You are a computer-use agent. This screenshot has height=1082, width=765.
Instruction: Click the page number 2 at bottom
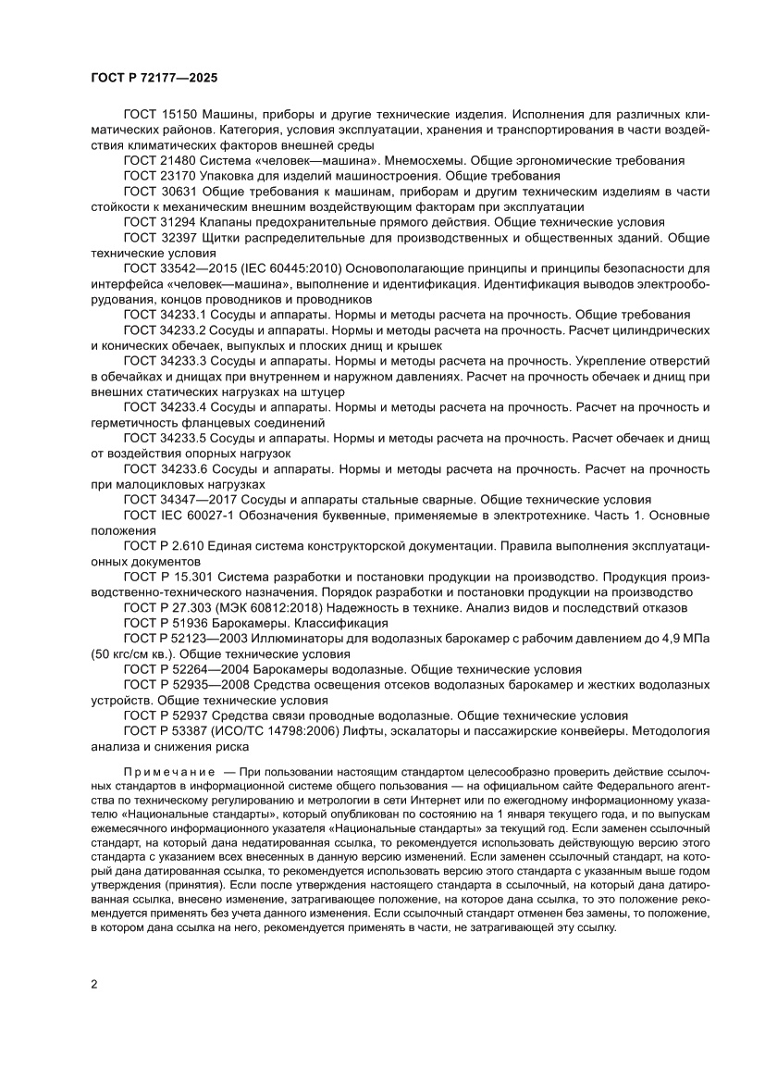94,983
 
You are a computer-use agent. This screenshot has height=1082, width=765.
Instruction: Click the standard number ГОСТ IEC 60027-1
177,515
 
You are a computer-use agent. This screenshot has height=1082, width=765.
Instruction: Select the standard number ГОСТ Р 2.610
163,545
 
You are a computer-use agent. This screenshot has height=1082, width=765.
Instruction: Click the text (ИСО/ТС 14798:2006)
278,730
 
